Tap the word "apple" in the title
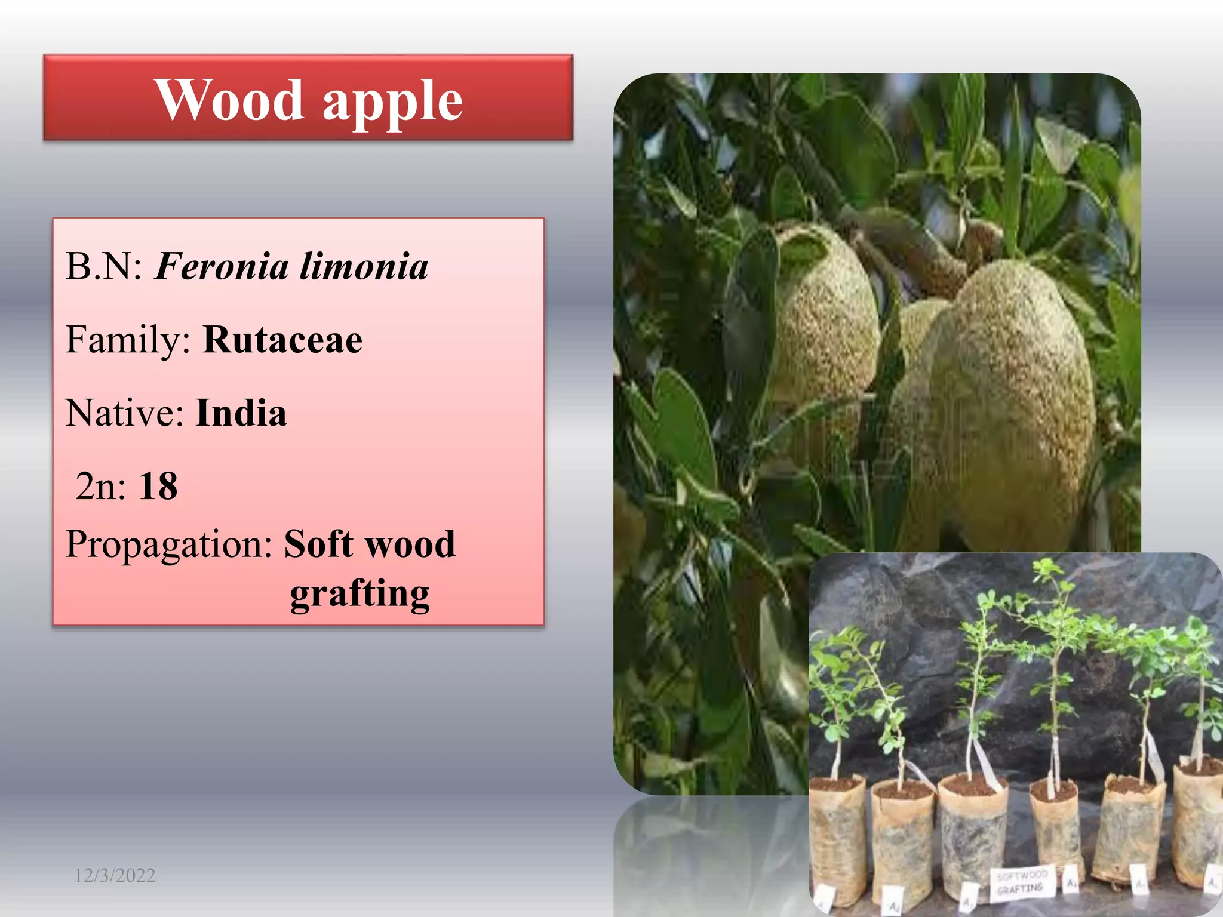click(x=392, y=101)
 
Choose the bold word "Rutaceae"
click(x=282, y=340)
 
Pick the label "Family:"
click(x=128, y=340)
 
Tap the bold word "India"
click(x=241, y=413)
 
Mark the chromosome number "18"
click(x=158, y=486)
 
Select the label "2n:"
click(x=101, y=486)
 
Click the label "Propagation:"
click(x=169, y=544)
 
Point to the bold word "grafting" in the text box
click(x=359, y=593)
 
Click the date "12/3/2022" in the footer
click(x=115, y=876)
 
